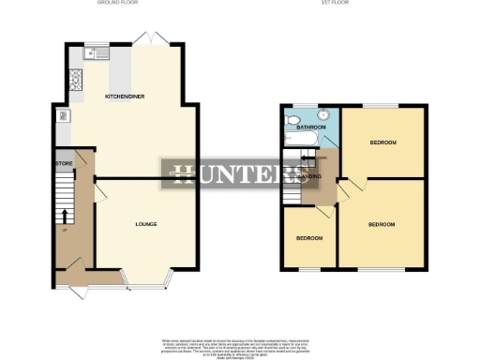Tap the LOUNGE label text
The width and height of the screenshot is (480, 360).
coord(145,224)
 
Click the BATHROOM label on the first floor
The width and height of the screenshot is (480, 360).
coord(311,127)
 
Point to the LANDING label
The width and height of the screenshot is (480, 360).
coord(307,175)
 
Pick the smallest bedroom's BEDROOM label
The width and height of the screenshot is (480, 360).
coord(309,238)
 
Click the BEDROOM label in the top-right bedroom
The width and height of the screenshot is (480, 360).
coord(382,142)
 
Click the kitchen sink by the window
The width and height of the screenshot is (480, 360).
coord(96,53)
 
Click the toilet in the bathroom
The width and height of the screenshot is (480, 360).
coord(292,122)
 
